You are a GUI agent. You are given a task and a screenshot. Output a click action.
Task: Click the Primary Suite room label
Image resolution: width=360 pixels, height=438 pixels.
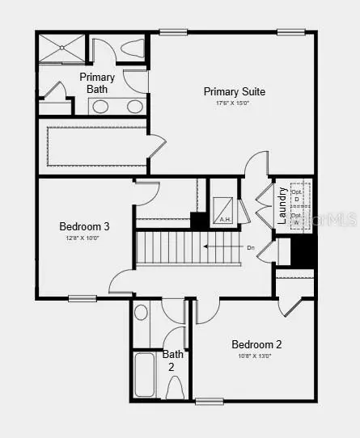(x=235, y=91)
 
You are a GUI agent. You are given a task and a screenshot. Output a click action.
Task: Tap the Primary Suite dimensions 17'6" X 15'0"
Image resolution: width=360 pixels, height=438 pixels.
(x=235, y=103)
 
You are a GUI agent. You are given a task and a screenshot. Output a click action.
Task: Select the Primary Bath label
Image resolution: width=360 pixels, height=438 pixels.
(x=97, y=83)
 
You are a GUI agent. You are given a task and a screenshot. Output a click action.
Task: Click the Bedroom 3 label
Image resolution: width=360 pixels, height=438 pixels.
(x=84, y=226)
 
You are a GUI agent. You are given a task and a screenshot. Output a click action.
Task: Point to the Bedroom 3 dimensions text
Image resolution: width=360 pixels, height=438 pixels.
(x=84, y=238)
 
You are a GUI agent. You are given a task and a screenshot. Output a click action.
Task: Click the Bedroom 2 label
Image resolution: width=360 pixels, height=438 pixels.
(x=256, y=343)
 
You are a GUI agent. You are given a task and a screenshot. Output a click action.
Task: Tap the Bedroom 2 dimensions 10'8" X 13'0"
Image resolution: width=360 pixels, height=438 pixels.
(x=255, y=355)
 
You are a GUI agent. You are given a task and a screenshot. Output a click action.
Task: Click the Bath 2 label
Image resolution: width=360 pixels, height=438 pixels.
(x=173, y=360)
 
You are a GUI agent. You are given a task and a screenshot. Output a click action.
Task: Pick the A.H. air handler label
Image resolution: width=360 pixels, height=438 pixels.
(x=225, y=219)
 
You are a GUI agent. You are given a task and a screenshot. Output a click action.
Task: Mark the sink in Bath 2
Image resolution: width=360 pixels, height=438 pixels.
(x=142, y=312)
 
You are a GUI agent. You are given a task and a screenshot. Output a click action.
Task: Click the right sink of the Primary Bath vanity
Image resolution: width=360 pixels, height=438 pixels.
(x=134, y=106)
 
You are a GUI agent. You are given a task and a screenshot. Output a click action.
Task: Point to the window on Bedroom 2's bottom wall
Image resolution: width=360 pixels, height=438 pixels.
(x=209, y=401)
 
